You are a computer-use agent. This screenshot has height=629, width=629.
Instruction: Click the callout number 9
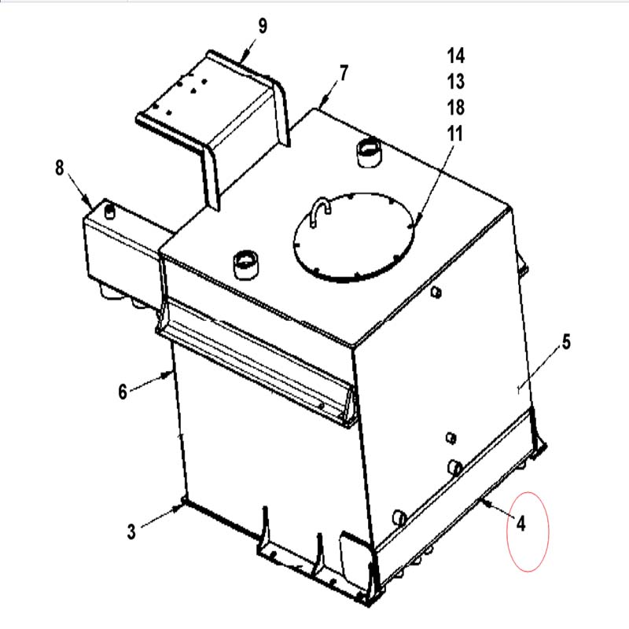pos(263,26)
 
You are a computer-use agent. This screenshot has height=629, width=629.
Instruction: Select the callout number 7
pos(344,73)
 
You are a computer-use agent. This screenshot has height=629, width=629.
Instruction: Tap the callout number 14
pos(456,56)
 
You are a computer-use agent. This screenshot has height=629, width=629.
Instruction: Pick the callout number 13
pos(456,82)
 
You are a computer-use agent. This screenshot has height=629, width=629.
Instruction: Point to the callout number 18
pos(456,108)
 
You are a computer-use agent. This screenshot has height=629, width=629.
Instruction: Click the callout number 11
pos(455,134)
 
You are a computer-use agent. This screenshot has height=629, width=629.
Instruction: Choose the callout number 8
pos(60,167)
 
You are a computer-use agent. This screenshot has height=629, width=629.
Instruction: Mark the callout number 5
pos(566,342)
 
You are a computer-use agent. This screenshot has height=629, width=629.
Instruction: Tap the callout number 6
pos(123,392)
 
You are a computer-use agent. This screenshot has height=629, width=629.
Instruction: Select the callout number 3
pos(131,532)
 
